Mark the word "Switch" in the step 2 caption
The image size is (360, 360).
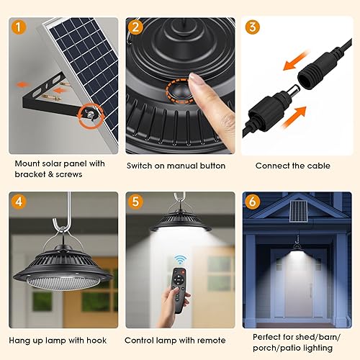tap(140, 166)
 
